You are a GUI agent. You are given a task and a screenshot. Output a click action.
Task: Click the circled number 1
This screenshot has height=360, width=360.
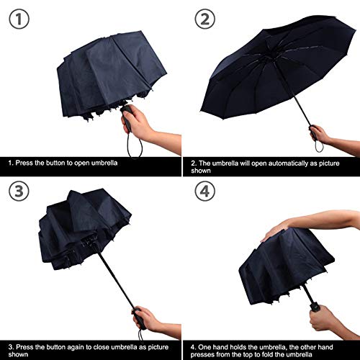click(20, 19)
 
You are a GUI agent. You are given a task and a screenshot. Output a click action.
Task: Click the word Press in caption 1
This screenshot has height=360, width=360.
click(27, 164)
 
